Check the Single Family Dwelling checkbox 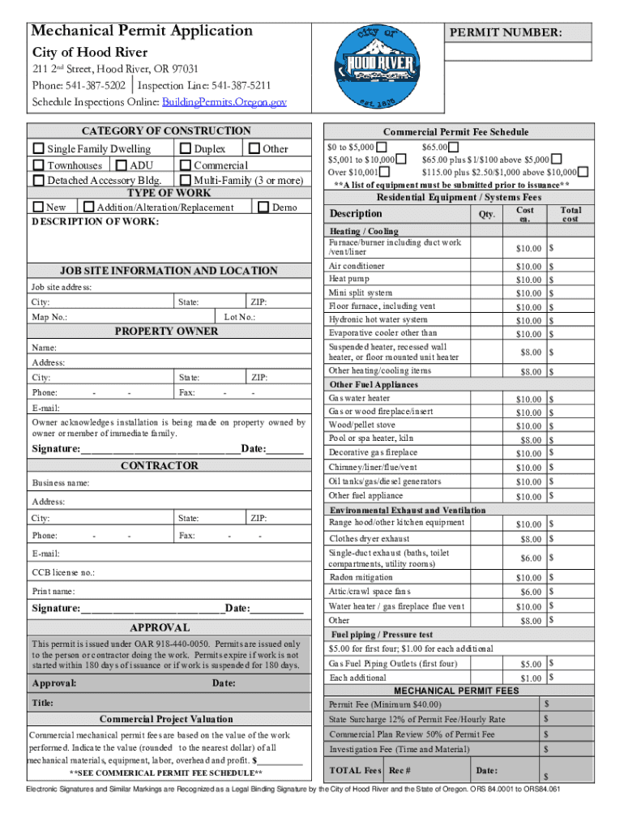coord(39,149)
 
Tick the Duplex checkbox coord(186,149)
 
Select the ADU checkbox coord(120,165)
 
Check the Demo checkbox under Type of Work coord(263,207)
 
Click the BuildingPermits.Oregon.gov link coord(224,102)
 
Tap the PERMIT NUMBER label coord(506,33)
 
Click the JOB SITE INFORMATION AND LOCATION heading coord(169,271)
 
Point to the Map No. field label coord(49,318)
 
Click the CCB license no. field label coord(63,572)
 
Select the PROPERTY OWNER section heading coord(166,332)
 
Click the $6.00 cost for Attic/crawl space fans coord(530,593)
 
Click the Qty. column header coord(486,215)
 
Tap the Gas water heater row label coord(359,398)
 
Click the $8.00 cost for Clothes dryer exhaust coord(530,539)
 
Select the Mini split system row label coord(360,293)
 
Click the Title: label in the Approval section coord(43,704)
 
